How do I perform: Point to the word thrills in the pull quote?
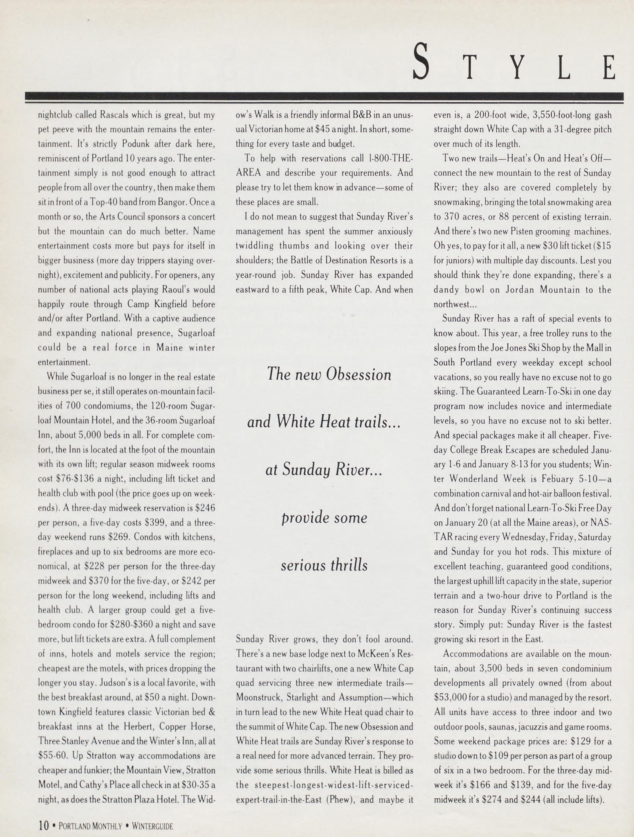349,565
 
